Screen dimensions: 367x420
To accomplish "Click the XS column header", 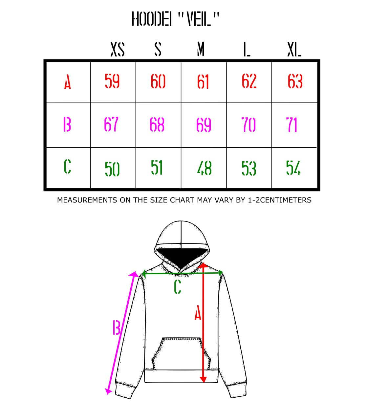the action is [117, 50].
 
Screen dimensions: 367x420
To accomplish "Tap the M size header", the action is [201, 50].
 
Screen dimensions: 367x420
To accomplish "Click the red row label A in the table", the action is [68, 82].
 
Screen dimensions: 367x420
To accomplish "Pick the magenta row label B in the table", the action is [67, 125].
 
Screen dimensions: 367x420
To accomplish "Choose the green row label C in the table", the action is [67, 166].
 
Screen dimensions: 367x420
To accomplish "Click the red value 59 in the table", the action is [112, 81].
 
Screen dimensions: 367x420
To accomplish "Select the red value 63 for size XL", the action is [295, 81].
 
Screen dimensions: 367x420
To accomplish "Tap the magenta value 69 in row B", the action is [204, 125].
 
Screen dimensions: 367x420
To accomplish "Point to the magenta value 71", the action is [291, 125].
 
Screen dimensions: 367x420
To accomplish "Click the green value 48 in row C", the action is [204, 168].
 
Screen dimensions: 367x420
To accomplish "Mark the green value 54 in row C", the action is [293, 168].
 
